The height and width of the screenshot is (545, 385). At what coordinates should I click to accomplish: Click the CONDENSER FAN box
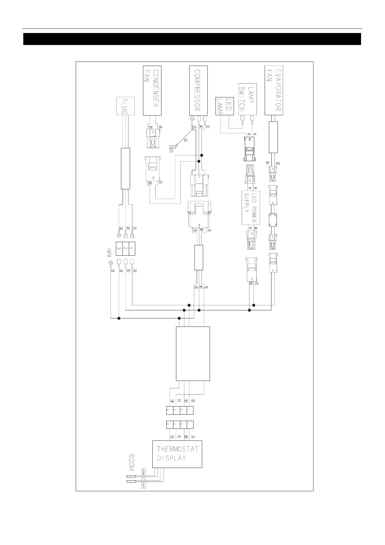click(152, 90)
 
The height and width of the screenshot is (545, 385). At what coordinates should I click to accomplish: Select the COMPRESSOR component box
click(198, 90)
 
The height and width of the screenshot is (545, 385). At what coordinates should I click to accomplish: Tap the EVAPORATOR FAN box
click(274, 90)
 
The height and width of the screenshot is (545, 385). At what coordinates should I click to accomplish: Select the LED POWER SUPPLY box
click(249, 208)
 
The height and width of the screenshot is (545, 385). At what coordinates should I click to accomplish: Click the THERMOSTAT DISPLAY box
click(177, 454)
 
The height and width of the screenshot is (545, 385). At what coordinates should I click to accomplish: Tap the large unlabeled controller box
click(193, 353)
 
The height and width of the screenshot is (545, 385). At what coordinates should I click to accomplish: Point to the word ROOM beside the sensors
click(131, 462)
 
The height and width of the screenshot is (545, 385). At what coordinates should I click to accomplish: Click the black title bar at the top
click(192, 39)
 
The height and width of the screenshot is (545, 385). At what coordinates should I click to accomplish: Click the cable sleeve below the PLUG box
click(126, 168)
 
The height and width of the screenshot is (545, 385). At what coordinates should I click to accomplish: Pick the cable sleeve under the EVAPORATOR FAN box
click(273, 137)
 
